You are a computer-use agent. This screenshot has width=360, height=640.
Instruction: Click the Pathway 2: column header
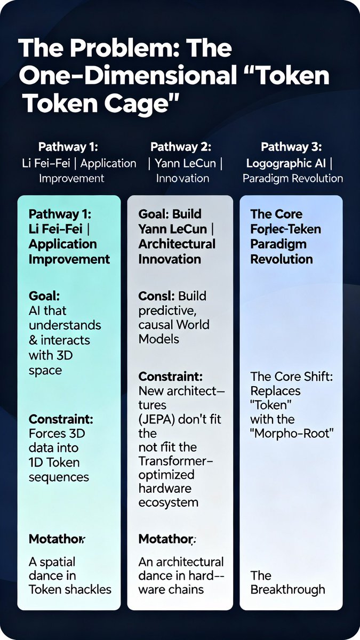(x=181, y=147)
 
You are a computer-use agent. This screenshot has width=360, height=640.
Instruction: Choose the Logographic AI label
(x=278, y=163)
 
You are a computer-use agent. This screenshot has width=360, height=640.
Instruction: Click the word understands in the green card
(x=65, y=325)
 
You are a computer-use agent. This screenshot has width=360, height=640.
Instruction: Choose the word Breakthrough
(x=287, y=589)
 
